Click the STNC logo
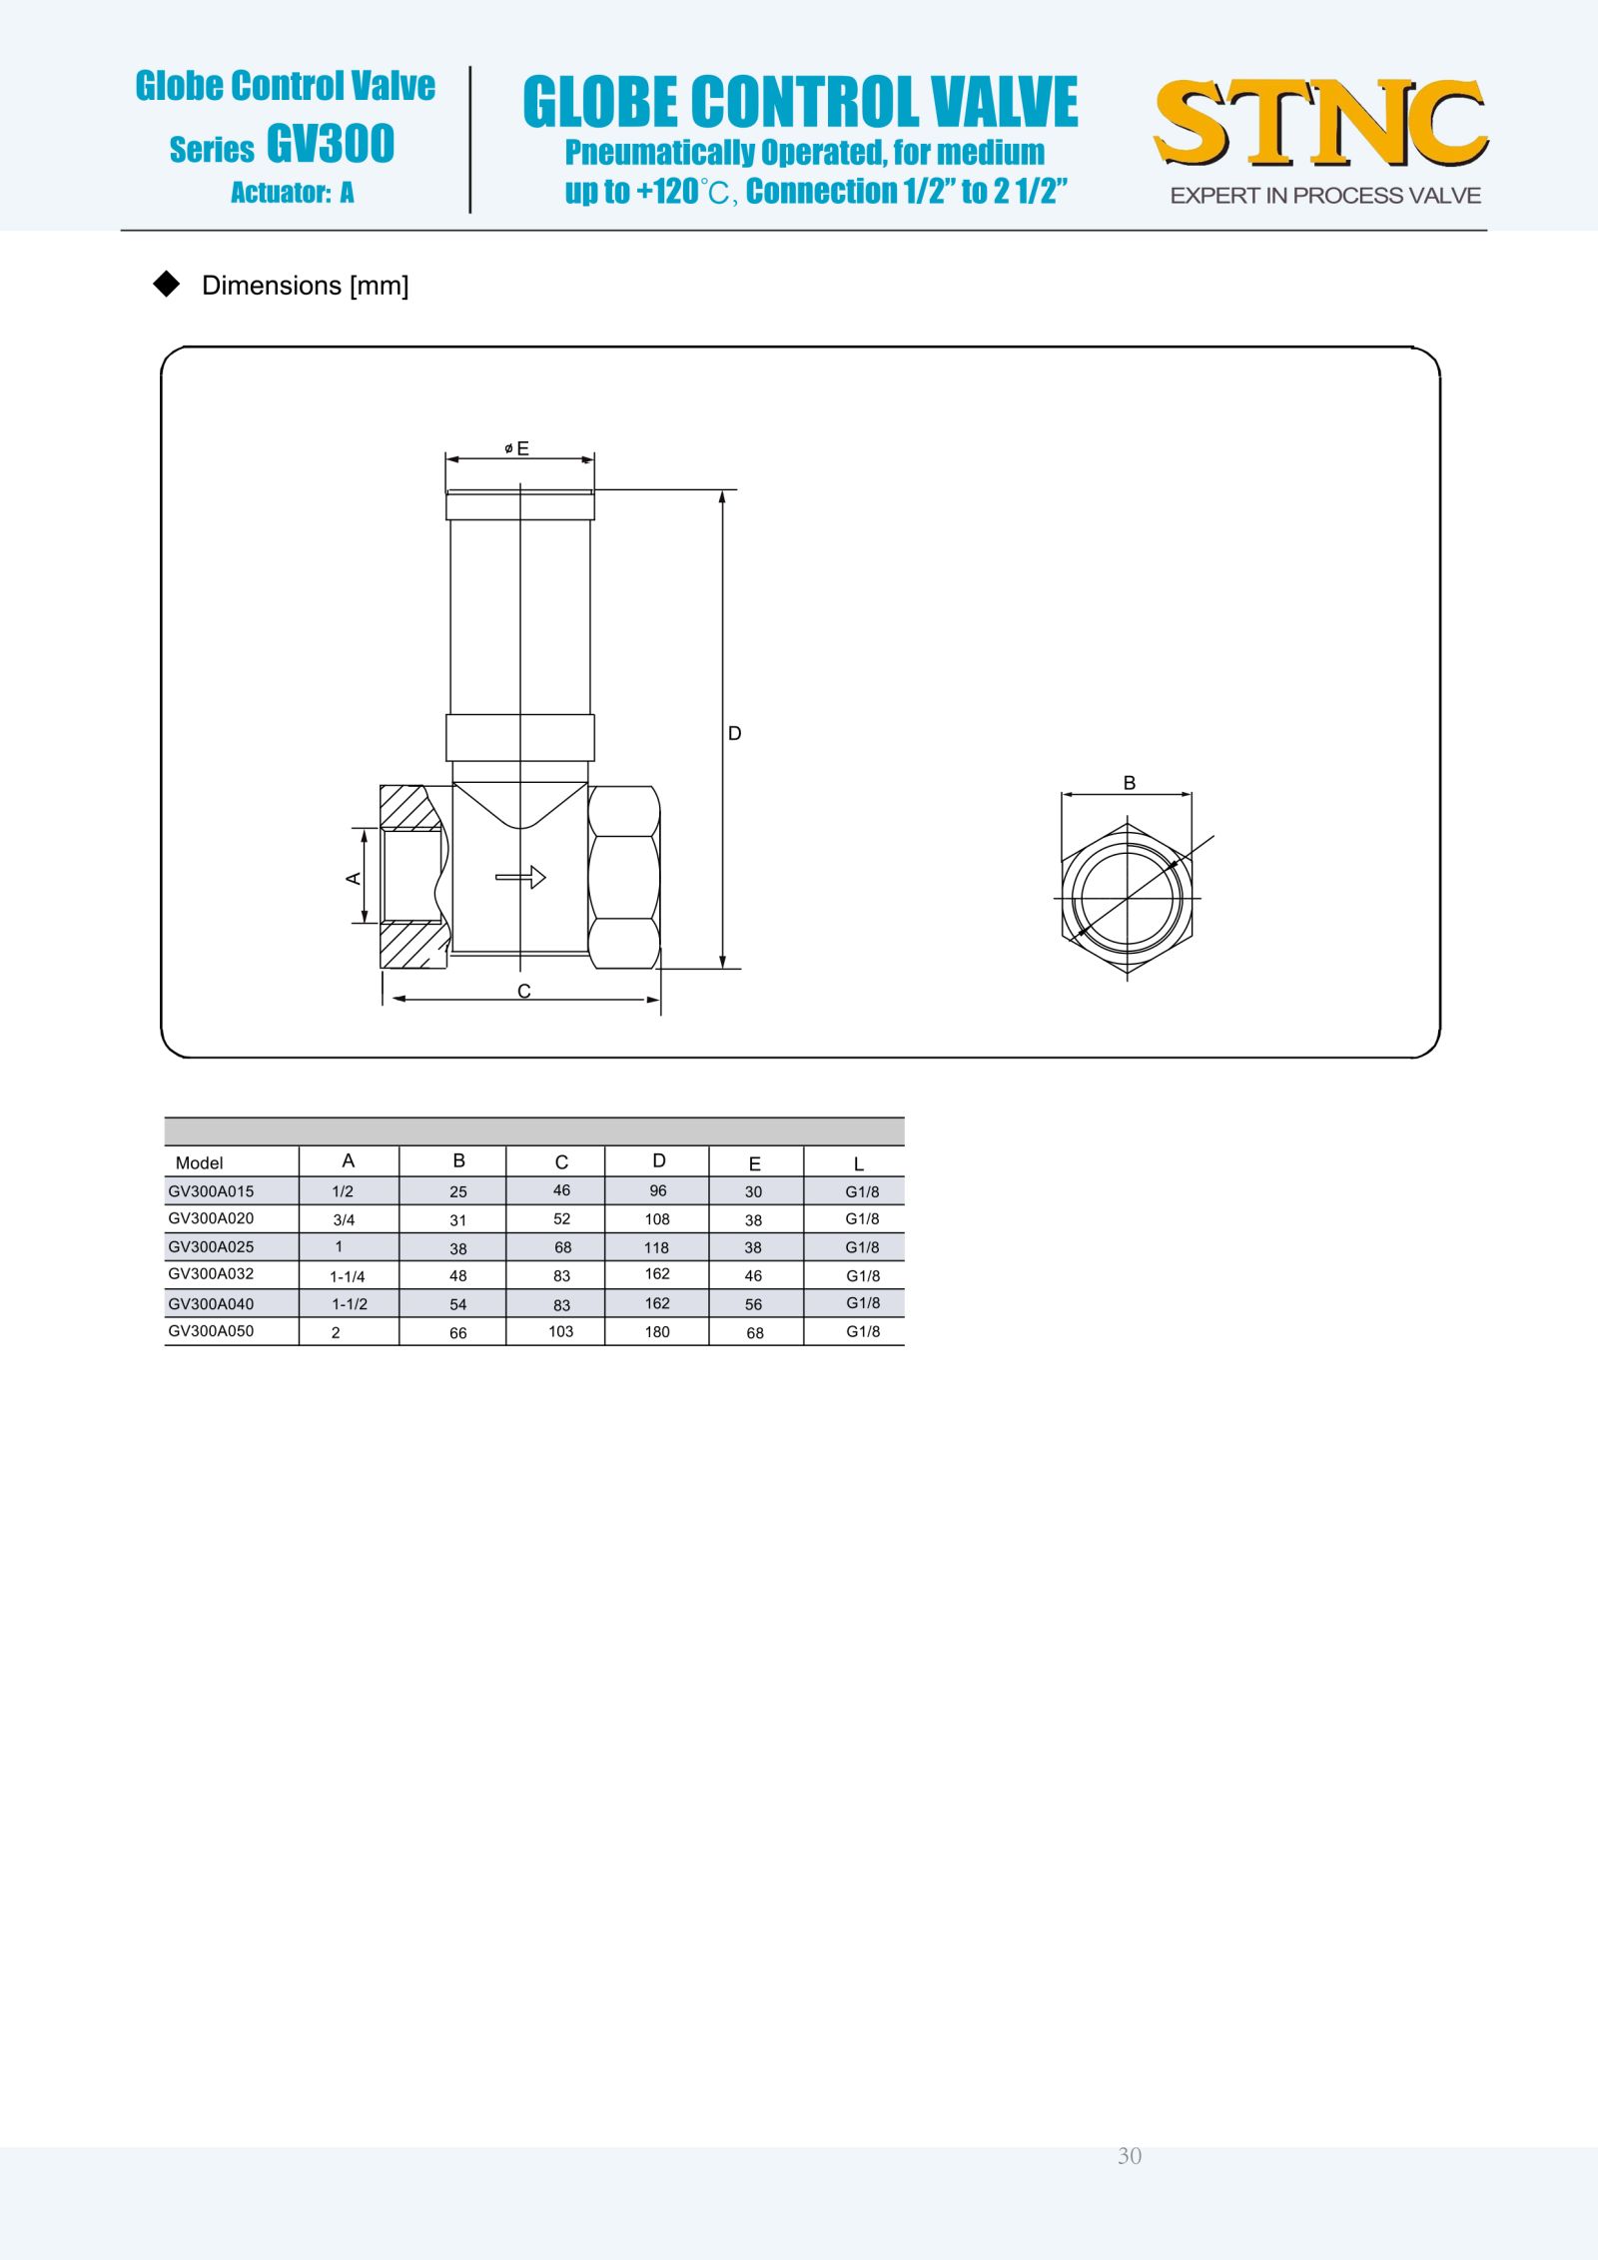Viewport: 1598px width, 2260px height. pyautogui.click(x=1320, y=124)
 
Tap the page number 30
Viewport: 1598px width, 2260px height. pyautogui.click(x=1130, y=2155)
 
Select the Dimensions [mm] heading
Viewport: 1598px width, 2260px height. pyautogui.click(x=306, y=286)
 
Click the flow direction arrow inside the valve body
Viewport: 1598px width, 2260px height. pyautogui.click(x=520, y=877)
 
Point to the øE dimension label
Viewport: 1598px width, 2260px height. pyautogui.click(x=517, y=448)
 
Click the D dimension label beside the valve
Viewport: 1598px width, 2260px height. pyautogui.click(x=735, y=733)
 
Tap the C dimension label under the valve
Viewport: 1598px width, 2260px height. pyautogui.click(x=524, y=991)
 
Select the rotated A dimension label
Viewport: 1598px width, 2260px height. pyautogui.click(x=353, y=878)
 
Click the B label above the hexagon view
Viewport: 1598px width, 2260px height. pyautogui.click(x=1130, y=783)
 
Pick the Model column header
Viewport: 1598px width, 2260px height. pyautogui.click(x=199, y=1162)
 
